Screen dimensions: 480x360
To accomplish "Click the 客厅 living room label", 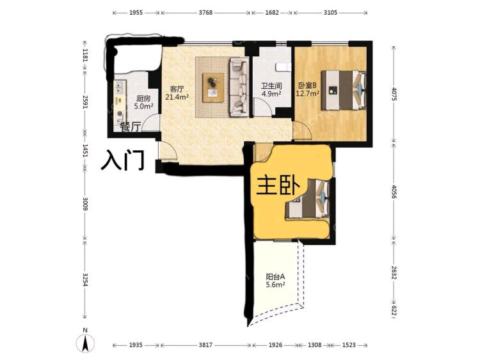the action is (177, 90).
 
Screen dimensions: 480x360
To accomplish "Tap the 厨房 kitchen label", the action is (143, 98).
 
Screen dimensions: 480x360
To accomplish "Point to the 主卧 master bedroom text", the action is (278, 186).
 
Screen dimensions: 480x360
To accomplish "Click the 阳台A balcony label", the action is (275, 277).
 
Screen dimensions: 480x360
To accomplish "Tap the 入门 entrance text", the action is (122, 160).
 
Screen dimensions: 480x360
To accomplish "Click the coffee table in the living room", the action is (212, 88).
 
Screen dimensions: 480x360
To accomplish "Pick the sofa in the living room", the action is (239, 87).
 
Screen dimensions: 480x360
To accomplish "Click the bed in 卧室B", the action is (343, 90).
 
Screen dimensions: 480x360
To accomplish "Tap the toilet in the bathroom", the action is (283, 67).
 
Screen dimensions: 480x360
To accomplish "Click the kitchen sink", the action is (119, 87).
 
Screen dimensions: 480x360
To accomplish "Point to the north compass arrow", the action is (85, 343).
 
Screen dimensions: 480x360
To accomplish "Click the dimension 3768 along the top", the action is (205, 13).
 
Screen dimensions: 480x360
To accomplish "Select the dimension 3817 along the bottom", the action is (205, 345).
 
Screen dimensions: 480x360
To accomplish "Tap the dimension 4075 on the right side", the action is (394, 94).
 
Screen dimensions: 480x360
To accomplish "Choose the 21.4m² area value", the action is (177, 97).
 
